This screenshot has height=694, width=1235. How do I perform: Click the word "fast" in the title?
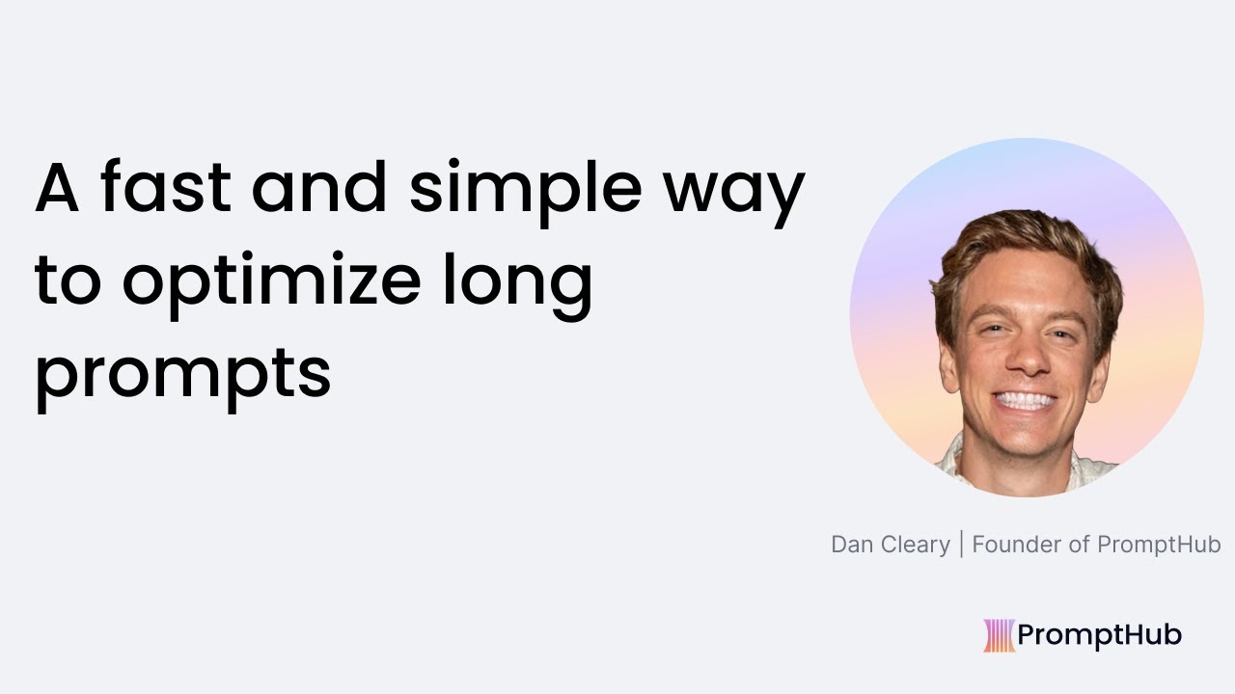tap(165, 189)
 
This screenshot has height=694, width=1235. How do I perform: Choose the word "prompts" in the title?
tap(183, 376)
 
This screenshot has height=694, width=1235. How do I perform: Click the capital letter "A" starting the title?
tap(56, 189)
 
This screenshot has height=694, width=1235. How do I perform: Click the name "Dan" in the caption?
tap(851, 545)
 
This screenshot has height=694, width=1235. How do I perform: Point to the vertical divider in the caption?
tap(961, 545)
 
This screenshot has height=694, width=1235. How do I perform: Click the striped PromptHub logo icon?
tap(999, 635)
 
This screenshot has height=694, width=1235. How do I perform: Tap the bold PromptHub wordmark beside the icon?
tap(1099, 635)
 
